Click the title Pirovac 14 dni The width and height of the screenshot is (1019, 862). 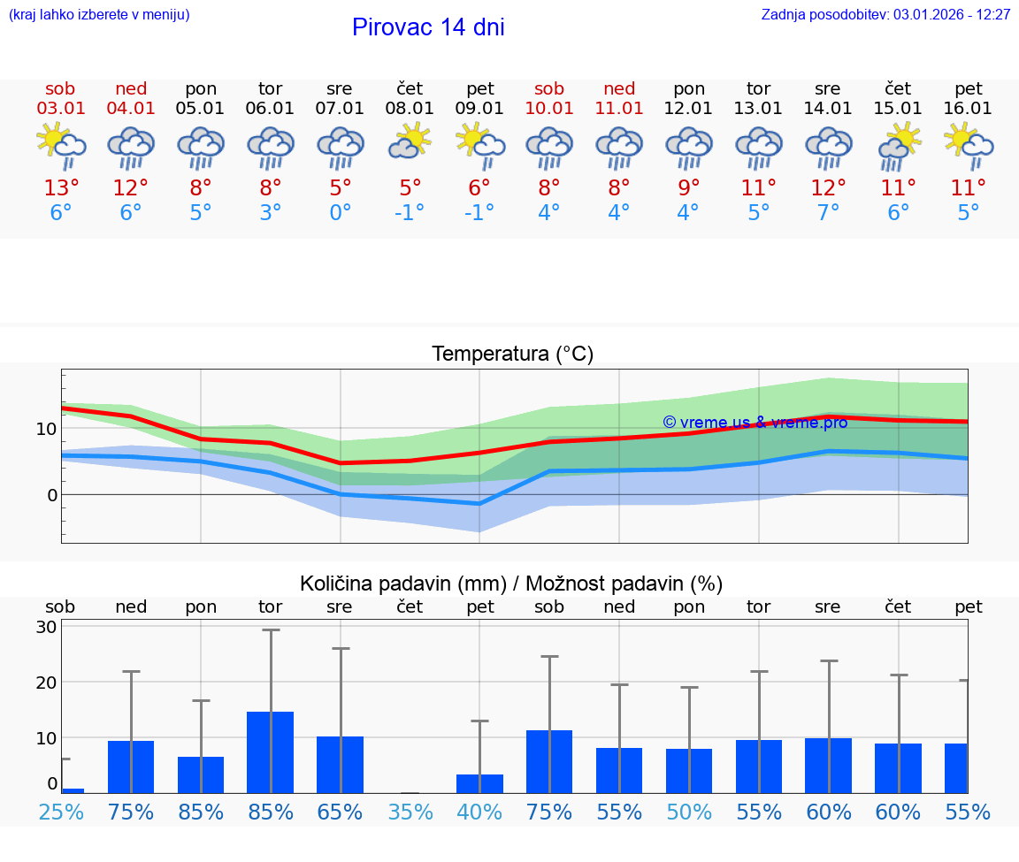coord(428,27)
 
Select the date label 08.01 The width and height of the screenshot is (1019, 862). coord(410,109)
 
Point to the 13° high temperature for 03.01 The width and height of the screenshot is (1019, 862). coord(61,188)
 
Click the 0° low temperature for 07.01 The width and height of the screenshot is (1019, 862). coord(340,213)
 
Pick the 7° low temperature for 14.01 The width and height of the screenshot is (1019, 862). coord(828,213)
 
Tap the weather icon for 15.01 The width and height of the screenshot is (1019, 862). coord(899,145)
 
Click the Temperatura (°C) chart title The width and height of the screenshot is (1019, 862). coord(512,355)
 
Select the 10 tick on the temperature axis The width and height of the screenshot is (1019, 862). coord(46,429)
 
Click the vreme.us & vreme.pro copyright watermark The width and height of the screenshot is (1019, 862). coord(755,423)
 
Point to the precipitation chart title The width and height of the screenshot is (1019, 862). coord(511,584)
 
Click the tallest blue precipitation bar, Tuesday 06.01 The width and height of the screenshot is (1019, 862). coord(270,751)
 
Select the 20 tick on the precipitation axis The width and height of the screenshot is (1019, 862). coord(46,683)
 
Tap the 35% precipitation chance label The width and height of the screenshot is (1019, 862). coord(410,812)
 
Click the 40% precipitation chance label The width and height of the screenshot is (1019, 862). coord(479,812)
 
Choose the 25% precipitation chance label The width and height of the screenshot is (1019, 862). coord(61,812)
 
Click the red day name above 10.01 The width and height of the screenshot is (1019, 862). coord(549,89)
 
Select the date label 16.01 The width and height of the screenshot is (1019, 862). coord(969,109)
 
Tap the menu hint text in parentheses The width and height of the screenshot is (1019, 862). coord(99,15)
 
